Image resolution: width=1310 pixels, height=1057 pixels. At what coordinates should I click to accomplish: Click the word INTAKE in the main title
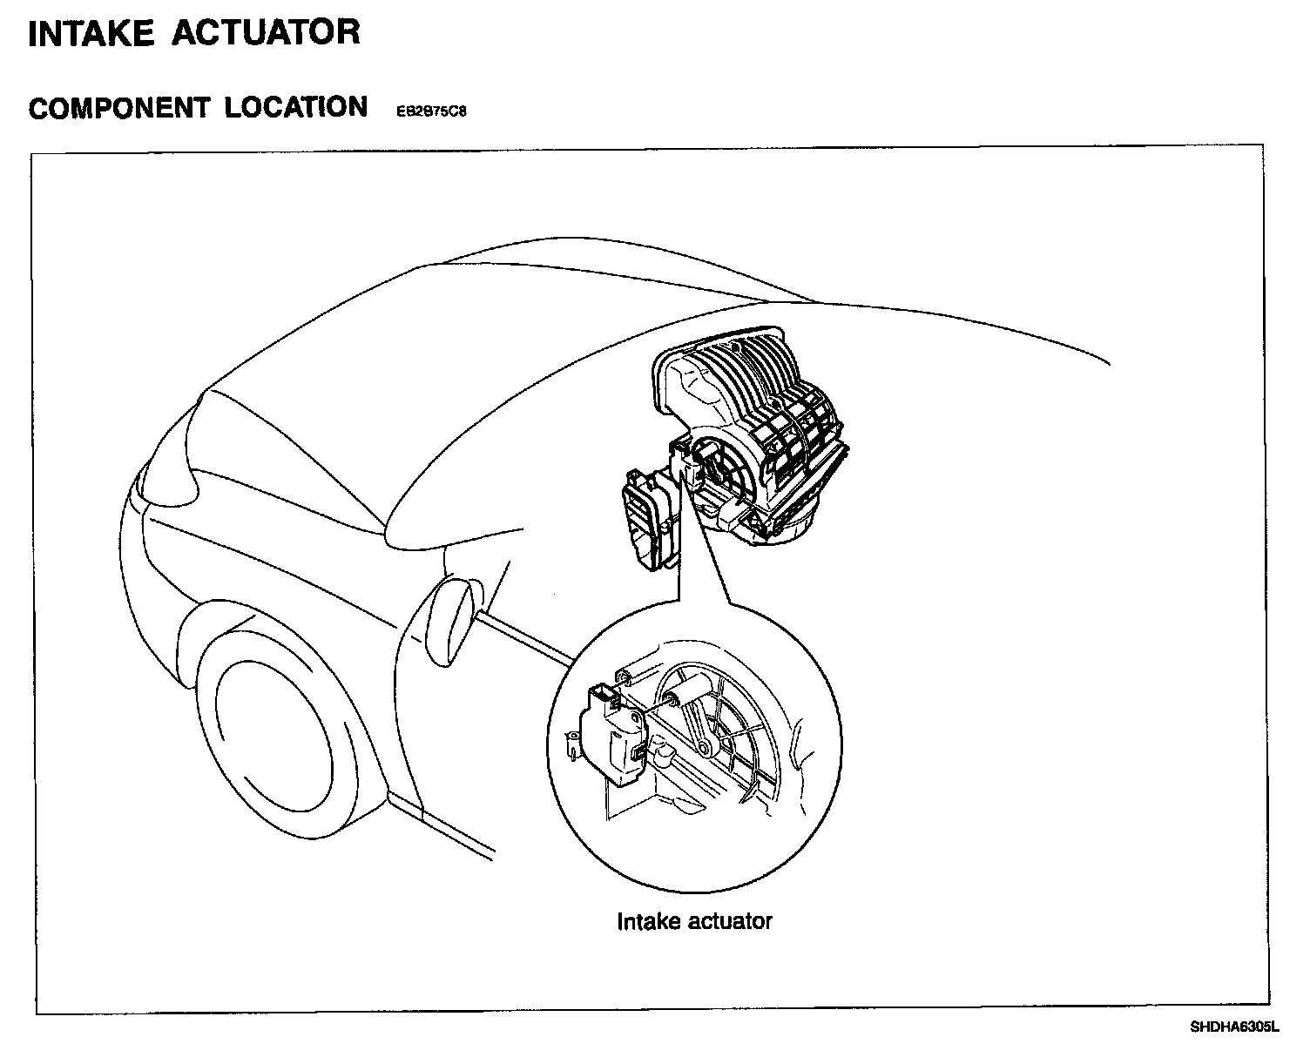click(91, 32)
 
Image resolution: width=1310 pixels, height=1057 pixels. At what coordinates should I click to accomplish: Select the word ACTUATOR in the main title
click(266, 32)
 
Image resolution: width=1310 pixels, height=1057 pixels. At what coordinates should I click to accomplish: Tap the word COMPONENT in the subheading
click(118, 108)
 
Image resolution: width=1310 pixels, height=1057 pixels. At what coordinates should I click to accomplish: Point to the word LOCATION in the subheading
click(296, 107)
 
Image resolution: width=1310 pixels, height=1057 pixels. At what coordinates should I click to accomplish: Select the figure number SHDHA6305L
click(1234, 1027)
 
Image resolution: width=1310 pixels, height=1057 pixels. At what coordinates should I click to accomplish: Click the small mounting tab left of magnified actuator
click(572, 742)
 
